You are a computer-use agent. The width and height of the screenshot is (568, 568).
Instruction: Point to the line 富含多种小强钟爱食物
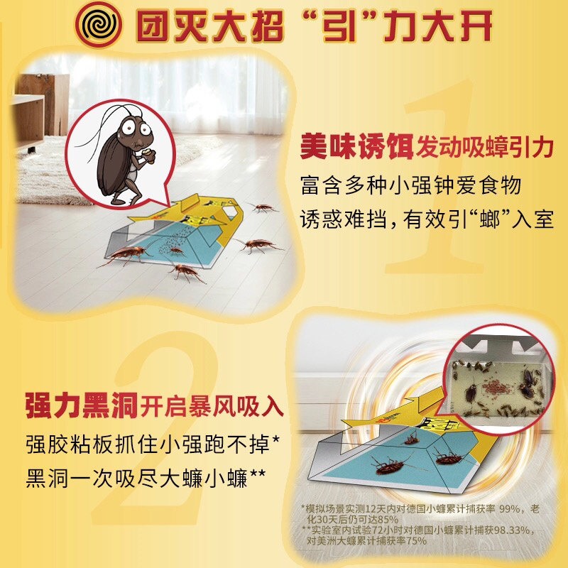[x=411, y=186]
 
